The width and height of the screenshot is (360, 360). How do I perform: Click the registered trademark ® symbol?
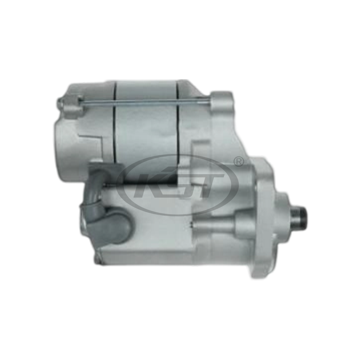pyautogui.click(x=239, y=160)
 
